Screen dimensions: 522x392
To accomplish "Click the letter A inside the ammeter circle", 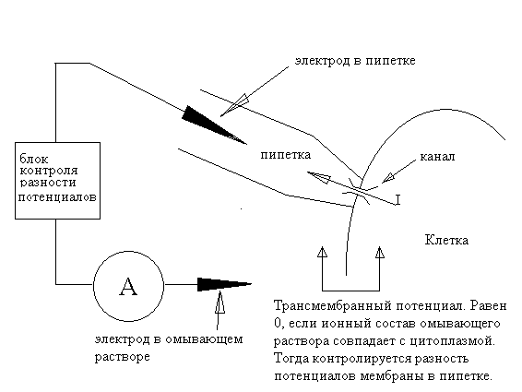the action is pos(128,287).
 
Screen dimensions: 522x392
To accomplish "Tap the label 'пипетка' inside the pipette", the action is pos(286,155).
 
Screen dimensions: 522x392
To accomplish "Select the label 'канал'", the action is pos(437,157).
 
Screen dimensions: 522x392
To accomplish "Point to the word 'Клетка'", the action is pos(446,240).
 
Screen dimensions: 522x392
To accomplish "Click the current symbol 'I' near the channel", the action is pos(397,200).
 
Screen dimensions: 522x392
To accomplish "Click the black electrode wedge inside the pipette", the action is pos(214,125).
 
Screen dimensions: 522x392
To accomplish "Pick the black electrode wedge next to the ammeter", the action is pos(224,284).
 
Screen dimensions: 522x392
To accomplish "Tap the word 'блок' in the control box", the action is pos(34,159).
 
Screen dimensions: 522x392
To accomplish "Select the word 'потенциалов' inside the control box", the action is pos(57,196).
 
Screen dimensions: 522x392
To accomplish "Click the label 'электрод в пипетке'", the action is pos(355,61).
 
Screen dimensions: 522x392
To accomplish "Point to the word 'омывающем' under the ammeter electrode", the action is pos(204,339).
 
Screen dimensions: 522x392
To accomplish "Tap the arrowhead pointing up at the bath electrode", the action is pos(219,303).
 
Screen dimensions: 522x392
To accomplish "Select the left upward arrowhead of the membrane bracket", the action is pos(322,252).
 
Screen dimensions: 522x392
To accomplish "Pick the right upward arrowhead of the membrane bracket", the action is pos(380,252).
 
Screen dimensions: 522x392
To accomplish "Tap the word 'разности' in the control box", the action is pos(48,183).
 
